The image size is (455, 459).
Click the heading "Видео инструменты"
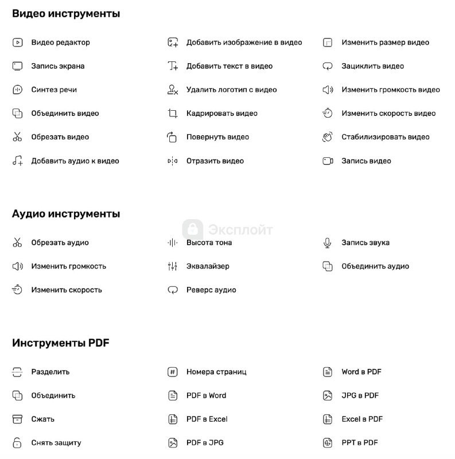pyautogui.click(x=66, y=14)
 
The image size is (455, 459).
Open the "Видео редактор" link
pyautogui.click(x=60, y=42)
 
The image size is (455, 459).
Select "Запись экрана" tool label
pyautogui.click(x=57, y=66)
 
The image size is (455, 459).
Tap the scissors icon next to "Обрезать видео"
pyautogui.click(x=17, y=137)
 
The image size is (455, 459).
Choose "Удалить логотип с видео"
pyautogui.click(x=231, y=90)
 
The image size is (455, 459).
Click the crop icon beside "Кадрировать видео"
pyautogui.click(x=173, y=114)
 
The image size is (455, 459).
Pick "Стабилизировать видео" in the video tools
pyautogui.click(x=385, y=137)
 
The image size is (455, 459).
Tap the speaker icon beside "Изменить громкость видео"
pyautogui.click(x=328, y=90)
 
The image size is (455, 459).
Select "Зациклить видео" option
pyautogui.click(x=372, y=66)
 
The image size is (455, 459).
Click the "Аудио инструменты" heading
pyautogui.click(x=66, y=214)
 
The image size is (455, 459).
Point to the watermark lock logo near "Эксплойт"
pyautogui.click(x=193, y=229)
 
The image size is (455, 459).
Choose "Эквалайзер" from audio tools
pyautogui.click(x=207, y=266)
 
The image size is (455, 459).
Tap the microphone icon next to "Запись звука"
pyautogui.click(x=328, y=243)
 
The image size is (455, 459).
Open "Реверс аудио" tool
pyautogui.click(x=211, y=290)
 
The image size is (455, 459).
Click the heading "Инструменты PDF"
pyautogui.click(x=60, y=343)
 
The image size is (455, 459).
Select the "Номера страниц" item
pyautogui.click(x=216, y=372)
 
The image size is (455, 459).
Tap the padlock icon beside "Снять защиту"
pyautogui.click(x=17, y=443)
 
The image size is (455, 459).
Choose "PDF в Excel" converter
pyautogui.click(x=207, y=419)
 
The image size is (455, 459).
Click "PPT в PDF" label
pyautogui.click(x=359, y=443)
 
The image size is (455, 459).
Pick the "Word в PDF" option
pyautogui.click(x=361, y=372)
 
